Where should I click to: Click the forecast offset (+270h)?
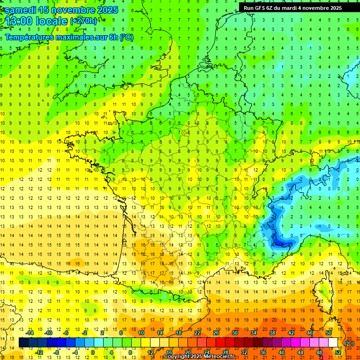coord(83,21)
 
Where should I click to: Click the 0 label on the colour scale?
coord(93,352)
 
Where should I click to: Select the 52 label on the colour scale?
coord(338,352)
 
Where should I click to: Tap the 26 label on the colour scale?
coord(216,333)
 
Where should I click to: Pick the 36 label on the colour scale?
coord(262,352)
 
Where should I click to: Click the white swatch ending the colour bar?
coord(333,343)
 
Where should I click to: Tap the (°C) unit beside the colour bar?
coord(349,343)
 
